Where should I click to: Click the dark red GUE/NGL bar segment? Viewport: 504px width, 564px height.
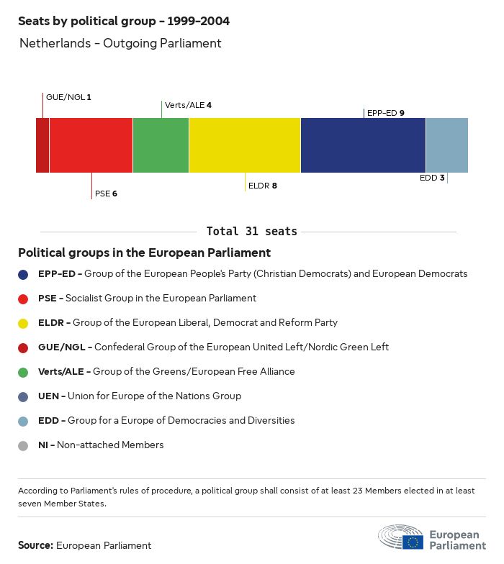coord(42,145)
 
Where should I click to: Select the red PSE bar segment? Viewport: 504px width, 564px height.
coord(91,145)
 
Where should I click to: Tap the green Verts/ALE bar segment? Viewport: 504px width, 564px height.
coord(161,145)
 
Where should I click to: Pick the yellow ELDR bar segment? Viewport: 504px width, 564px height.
coord(245,145)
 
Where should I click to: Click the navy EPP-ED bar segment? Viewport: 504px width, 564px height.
coord(363,145)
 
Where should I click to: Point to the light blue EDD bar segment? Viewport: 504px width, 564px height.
coord(446,145)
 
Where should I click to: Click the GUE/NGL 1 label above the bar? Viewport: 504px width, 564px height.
coord(68,96)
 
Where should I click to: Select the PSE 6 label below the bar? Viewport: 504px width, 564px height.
coord(106,194)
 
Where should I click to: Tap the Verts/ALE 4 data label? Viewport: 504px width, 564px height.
coord(188,105)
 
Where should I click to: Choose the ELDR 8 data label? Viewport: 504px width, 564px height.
coord(262,186)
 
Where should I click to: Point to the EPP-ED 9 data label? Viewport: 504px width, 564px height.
coord(385,113)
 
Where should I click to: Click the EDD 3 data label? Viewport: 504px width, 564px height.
coord(432,178)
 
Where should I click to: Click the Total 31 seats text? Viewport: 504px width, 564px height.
coord(251,232)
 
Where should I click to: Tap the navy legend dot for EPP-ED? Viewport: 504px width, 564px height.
coord(24,274)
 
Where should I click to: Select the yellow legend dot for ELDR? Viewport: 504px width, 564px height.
coord(24,323)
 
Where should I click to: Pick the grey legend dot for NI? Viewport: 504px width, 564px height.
coord(24,445)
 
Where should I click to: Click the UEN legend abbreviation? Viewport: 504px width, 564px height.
coord(49,396)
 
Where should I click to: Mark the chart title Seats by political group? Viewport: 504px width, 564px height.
coord(124,22)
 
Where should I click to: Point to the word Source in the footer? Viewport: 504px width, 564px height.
coord(35,545)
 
